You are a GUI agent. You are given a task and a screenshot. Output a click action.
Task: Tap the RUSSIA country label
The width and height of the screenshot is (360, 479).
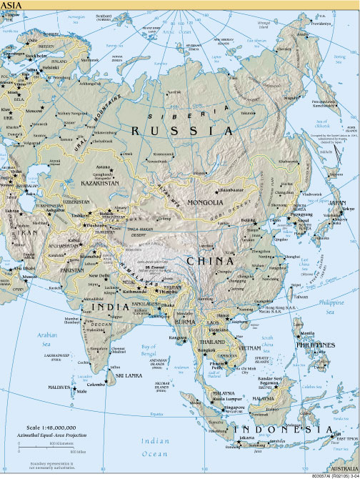coord(181,131)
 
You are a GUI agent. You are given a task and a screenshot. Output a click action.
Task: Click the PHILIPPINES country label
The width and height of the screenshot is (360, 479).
coord(315,345)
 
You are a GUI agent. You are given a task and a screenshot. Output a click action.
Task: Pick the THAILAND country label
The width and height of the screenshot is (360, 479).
coord(206,342)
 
